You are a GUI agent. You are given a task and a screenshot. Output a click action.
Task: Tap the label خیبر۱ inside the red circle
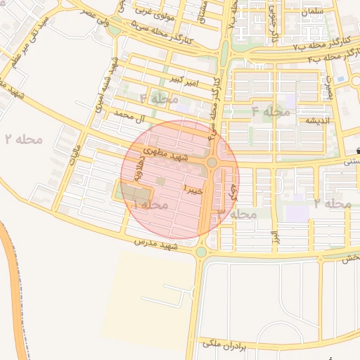click(193, 190)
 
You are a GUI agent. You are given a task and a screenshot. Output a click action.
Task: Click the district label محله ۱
click(150, 205)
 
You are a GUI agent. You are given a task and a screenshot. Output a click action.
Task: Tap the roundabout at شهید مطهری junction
click(212, 162)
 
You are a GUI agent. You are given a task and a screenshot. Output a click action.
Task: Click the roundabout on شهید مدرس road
click(201, 251)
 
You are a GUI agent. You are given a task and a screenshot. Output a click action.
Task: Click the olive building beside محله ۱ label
click(134, 192)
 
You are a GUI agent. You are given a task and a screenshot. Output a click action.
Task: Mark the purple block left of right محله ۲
click(297, 212)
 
